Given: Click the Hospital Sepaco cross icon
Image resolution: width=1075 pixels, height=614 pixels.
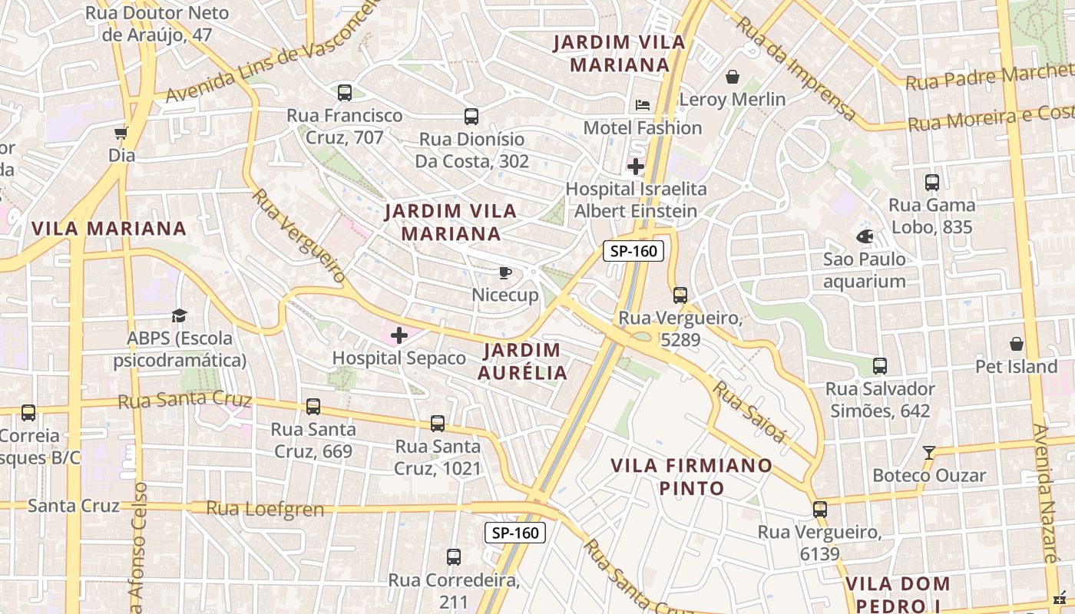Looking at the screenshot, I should (x=399, y=335).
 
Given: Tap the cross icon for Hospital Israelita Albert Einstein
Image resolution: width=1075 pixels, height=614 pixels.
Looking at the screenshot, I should (x=636, y=166).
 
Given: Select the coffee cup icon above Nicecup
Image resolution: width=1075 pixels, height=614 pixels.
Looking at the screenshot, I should (x=504, y=272).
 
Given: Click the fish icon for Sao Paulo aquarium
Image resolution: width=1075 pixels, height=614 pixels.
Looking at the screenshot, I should (x=865, y=236).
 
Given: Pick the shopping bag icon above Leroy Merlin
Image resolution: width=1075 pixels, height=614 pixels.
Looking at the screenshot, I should (x=733, y=77).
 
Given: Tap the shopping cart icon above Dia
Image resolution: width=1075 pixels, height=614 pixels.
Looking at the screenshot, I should (x=121, y=134).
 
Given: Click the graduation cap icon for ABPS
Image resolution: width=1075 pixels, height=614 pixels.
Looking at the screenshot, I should (x=179, y=315).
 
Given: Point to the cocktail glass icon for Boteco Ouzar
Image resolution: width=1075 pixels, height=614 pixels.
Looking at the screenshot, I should (x=929, y=453).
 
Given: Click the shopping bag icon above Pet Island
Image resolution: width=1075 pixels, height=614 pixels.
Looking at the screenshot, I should (x=1017, y=344).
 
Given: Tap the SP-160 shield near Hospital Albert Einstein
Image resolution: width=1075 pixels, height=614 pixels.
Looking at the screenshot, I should (x=633, y=251).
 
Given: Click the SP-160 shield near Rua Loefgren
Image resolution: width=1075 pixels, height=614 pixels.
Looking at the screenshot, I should (x=515, y=533).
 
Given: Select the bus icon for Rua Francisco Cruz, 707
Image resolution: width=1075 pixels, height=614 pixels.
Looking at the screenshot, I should (x=345, y=93).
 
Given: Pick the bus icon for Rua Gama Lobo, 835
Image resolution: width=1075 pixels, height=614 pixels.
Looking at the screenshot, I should (x=932, y=183).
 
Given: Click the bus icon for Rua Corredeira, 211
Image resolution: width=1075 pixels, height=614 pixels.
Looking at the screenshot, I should (x=454, y=557).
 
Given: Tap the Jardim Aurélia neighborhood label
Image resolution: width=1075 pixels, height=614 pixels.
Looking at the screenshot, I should (x=522, y=361).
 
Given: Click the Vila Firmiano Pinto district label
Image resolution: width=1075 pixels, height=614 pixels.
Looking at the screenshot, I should (x=691, y=477).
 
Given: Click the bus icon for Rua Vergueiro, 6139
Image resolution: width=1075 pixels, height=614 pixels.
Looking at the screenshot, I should (x=820, y=510).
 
